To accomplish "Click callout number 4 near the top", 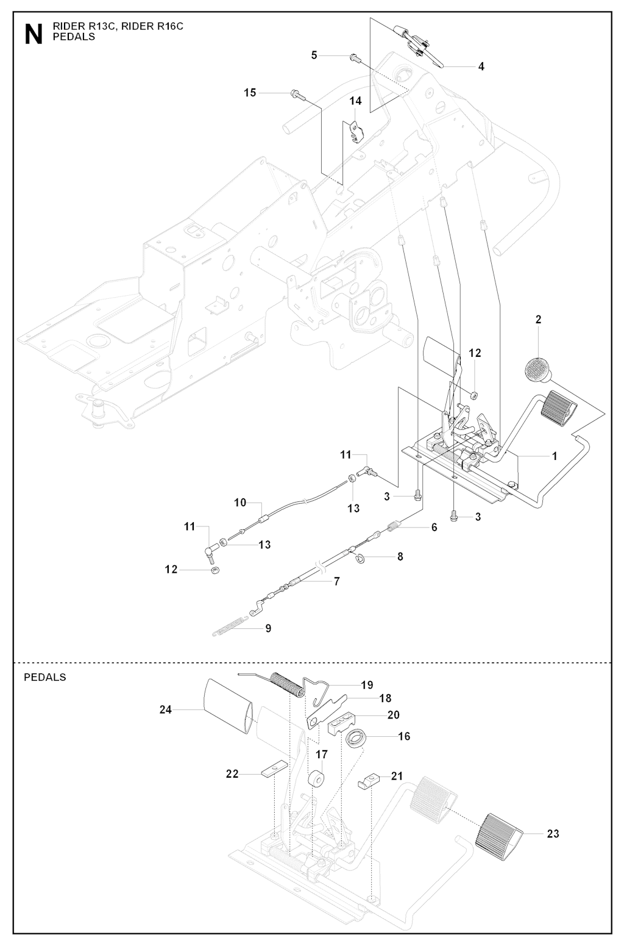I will point(481,66).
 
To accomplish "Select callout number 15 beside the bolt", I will point(250,93).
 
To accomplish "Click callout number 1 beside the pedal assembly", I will point(555,456).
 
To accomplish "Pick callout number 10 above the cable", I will point(240,503).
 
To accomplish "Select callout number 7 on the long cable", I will point(337,581).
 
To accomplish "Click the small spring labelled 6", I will point(395,524).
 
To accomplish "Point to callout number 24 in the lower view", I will point(165,709).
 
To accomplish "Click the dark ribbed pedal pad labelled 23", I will point(500,833).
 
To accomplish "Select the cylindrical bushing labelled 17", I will point(316,781).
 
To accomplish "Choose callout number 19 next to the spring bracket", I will point(367,685).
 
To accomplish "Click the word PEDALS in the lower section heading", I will point(44,677).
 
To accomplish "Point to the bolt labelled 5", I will point(353,58).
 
